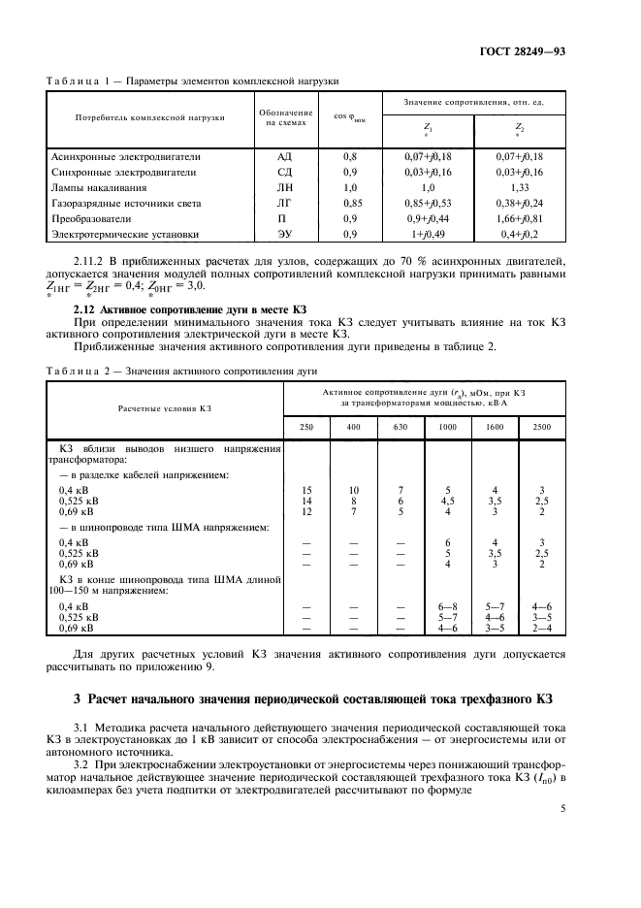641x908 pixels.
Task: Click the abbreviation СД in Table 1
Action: click(x=284, y=171)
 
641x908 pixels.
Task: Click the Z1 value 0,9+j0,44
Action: click(x=428, y=218)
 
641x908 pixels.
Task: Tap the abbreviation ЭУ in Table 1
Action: click(x=284, y=234)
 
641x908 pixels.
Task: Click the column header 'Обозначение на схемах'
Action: click(x=284, y=119)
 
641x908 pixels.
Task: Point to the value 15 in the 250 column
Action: click(x=306, y=491)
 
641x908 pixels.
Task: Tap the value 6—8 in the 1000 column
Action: click(x=447, y=605)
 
